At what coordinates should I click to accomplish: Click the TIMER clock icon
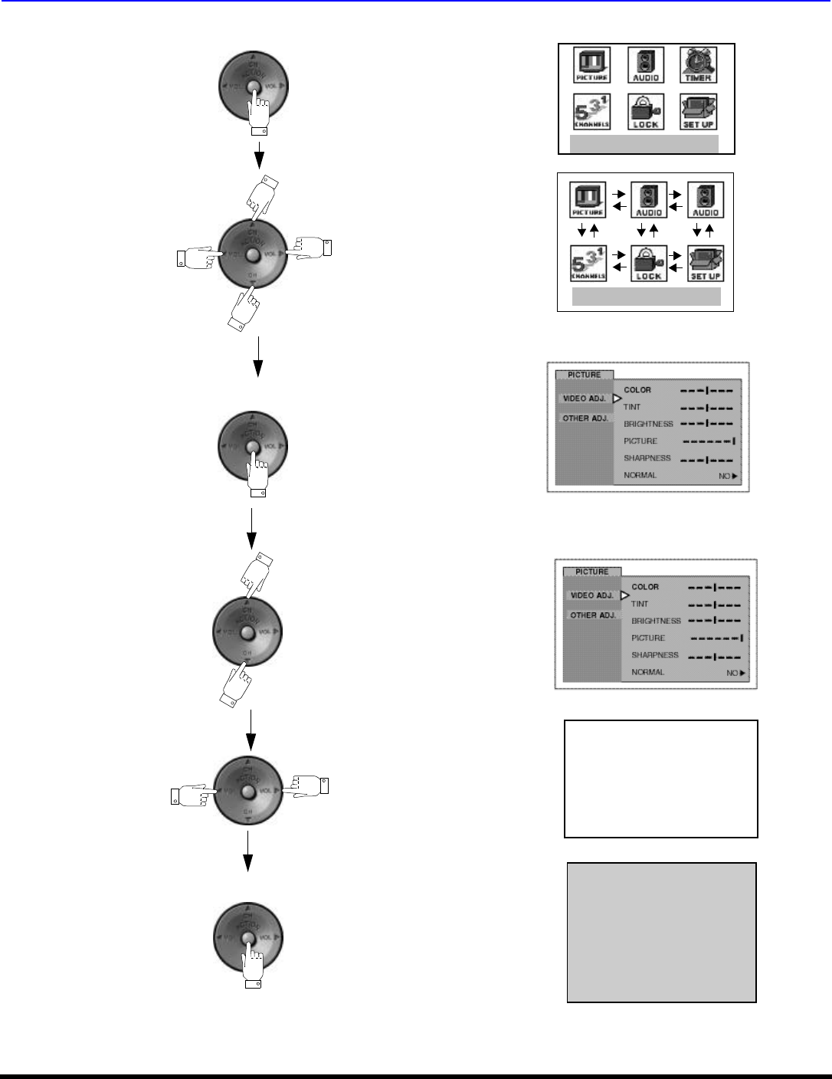click(x=698, y=64)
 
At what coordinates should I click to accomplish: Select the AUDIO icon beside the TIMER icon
click(x=645, y=64)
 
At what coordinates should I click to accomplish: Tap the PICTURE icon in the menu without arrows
click(x=592, y=64)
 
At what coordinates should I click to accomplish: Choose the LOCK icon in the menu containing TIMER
click(x=645, y=112)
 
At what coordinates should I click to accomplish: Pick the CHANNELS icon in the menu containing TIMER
click(x=592, y=112)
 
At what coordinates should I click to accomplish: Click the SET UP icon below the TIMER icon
click(x=698, y=112)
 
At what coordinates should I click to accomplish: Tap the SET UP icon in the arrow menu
click(x=706, y=263)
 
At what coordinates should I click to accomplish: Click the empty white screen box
click(x=660, y=778)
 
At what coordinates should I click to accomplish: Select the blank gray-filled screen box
click(x=661, y=932)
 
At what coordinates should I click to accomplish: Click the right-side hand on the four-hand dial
click(x=311, y=248)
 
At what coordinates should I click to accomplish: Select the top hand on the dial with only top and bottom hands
click(x=256, y=575)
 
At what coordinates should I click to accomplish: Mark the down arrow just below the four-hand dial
click(x=258, y=357)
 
